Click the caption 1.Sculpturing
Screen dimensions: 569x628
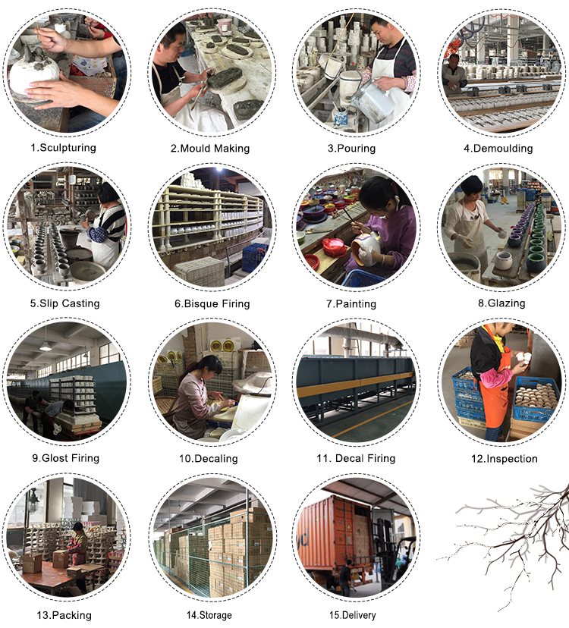coord(63,148)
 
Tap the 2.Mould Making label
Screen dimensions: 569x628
coord(210,149)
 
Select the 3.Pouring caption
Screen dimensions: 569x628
coord(351,149)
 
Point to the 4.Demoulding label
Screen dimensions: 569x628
coord(498,149)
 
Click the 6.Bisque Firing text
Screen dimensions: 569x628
coord(212,304)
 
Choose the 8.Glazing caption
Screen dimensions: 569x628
coord(501,303)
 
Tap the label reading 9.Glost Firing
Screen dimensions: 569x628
coord(65,458)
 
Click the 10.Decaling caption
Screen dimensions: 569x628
coord(209,459)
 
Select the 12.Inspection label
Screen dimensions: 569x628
coord(504,459)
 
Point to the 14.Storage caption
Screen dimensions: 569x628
coord(209,615)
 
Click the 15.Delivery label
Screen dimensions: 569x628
coord(353,615)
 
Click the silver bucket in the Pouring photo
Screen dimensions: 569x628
coord(369,100)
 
